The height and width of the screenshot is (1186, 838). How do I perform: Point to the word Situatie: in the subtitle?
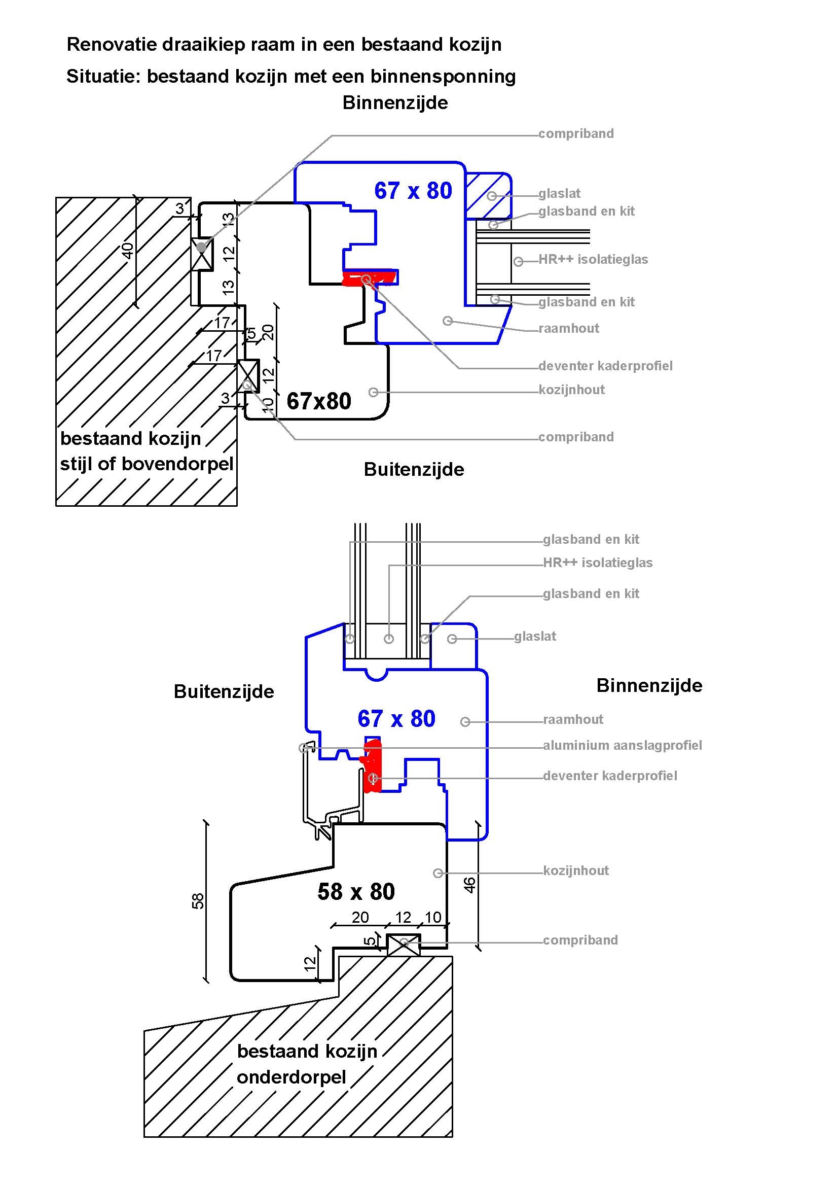(x=103, y=77)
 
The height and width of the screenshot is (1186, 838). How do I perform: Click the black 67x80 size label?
(x=318, y=401)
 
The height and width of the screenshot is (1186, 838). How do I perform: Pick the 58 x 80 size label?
(x=356, y=892)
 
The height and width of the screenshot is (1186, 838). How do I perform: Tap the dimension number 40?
(x=127, y=251)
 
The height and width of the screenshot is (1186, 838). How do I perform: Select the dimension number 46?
(x=469, y=885)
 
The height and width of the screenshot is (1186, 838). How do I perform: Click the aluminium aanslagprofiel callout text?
(x=622, y=745)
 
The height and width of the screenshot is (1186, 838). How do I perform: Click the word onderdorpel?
(x=291, y=1077)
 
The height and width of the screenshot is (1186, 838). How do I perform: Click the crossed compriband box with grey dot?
(x=202, y=254)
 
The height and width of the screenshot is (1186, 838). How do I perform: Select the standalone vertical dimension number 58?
(x=198, y=901)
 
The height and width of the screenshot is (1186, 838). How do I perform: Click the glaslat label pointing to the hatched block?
(x=559, y=194)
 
